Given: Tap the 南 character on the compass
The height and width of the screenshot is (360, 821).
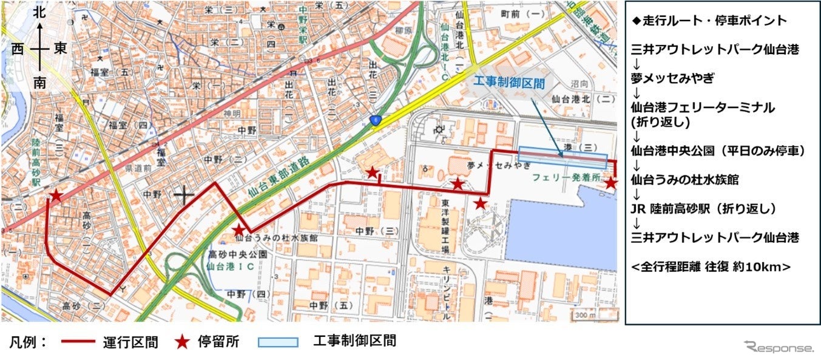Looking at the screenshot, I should pyautogui.click(x=39, y=83).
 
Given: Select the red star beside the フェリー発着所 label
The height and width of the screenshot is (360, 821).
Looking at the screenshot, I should pyautogui.click(x=611, y=183).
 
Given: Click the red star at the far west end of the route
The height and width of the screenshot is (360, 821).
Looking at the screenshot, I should pyautogui.click(x=56, y=195).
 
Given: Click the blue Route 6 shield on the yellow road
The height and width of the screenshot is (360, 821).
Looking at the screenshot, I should pyautogui.click(x=376, y=121).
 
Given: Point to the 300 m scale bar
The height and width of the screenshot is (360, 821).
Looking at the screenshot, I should pyautogui.click(x=586, y=315).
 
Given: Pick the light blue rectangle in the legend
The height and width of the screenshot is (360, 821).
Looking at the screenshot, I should pyautogui.click(x=278, y=342).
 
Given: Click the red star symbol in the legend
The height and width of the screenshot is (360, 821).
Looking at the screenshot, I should pyautogui.click(x=181, y=342).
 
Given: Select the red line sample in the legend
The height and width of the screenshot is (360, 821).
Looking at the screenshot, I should pyautogui.click(x=78, y=342).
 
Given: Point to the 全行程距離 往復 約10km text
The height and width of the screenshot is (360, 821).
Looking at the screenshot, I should pyautogui.click(x=711, y=266).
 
